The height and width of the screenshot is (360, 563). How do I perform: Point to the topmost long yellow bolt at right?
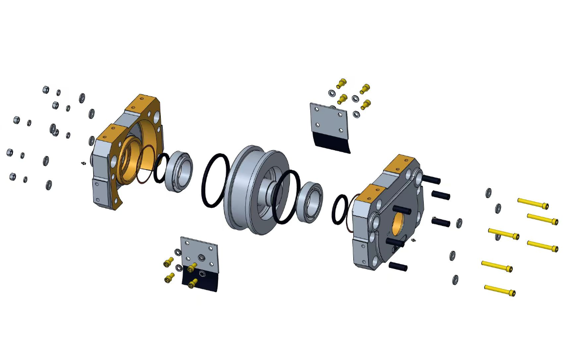click(x=533, y=203)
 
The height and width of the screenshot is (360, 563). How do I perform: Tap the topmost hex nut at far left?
click(x=45, y=90)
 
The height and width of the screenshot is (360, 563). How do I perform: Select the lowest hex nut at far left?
click(x=12, y=176)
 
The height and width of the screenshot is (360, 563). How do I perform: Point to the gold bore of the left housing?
click(x=128, y=157)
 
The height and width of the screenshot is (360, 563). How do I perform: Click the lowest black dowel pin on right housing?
click(x=398, y=267)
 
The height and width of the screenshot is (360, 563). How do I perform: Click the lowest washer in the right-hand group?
click(x=455, y=279)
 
